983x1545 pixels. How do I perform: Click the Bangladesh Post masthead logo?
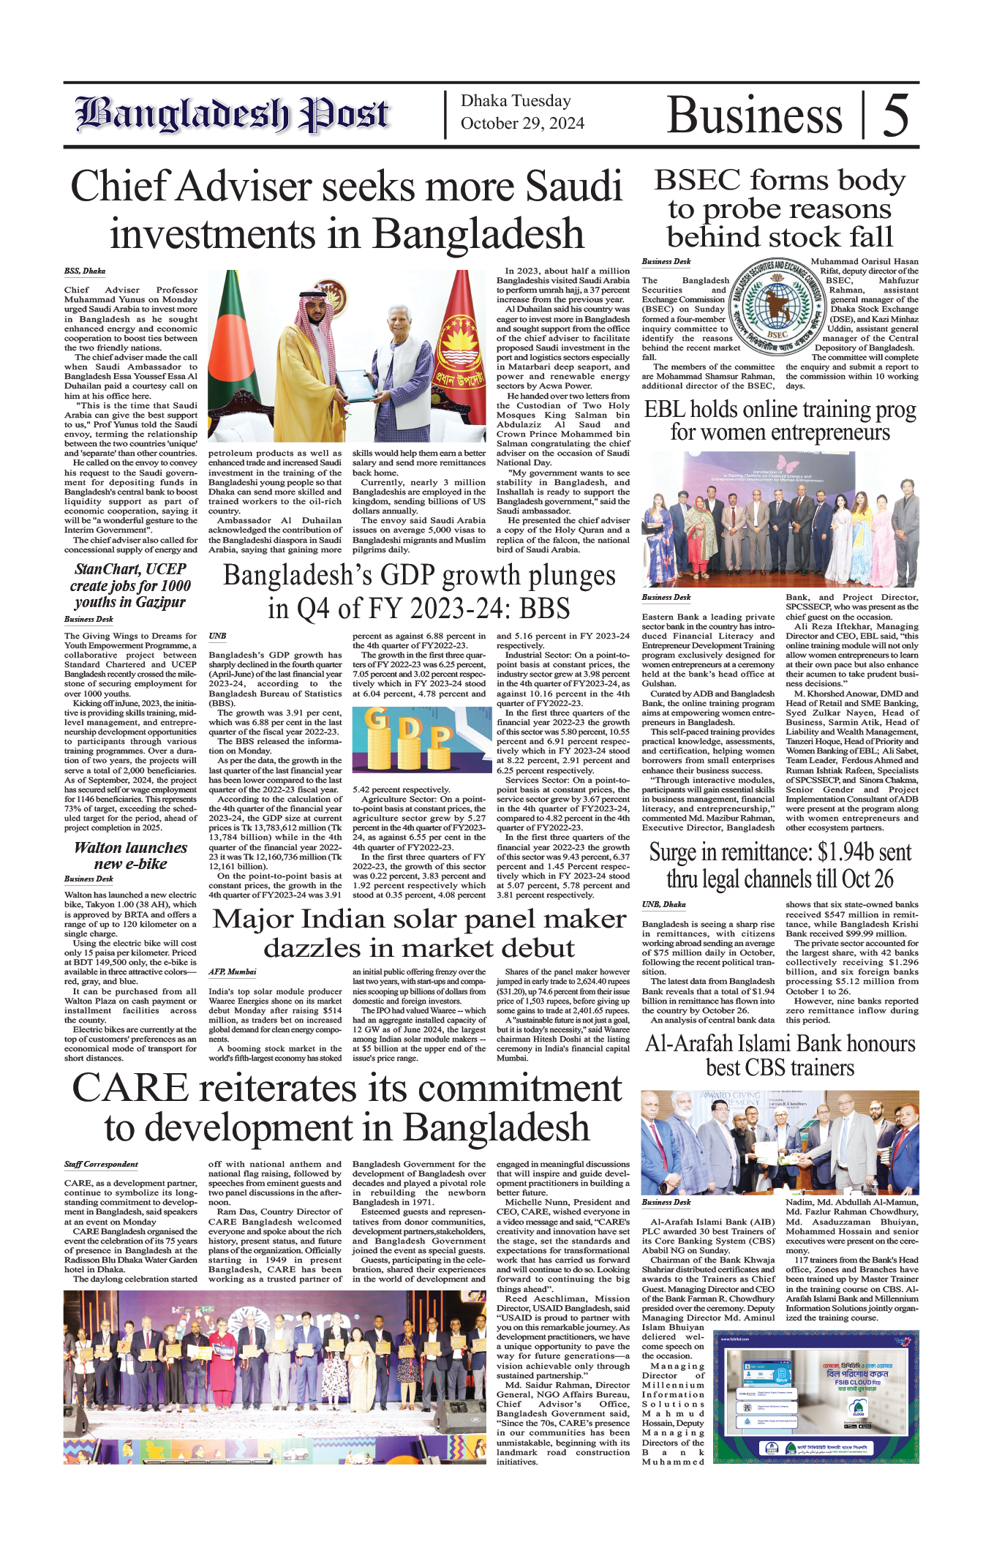(x=232, y=115)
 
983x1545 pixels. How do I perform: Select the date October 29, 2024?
(x=522, y=124)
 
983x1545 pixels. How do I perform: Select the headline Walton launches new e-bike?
(x=130, y=855)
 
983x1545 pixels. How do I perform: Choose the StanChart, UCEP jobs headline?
(x=130, y=586)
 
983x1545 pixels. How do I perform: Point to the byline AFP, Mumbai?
(x=232, y=972)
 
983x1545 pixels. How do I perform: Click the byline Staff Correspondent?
(x=101, y=1164)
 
